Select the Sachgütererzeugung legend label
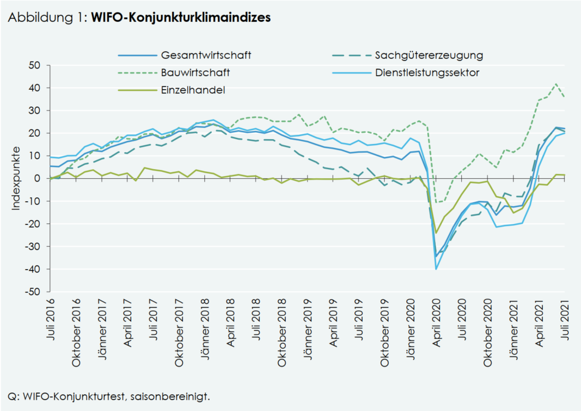(x=429, y=55)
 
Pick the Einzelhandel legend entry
(x=193, y=90)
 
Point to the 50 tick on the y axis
(x=34, y=65)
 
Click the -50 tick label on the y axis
(x=32, y=292)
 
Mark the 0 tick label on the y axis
(x=38, y=178)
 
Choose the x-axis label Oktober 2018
(x=282, y=325)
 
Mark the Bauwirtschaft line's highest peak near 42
(x=555, y=84)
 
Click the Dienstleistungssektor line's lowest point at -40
(x=436, y=269)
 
